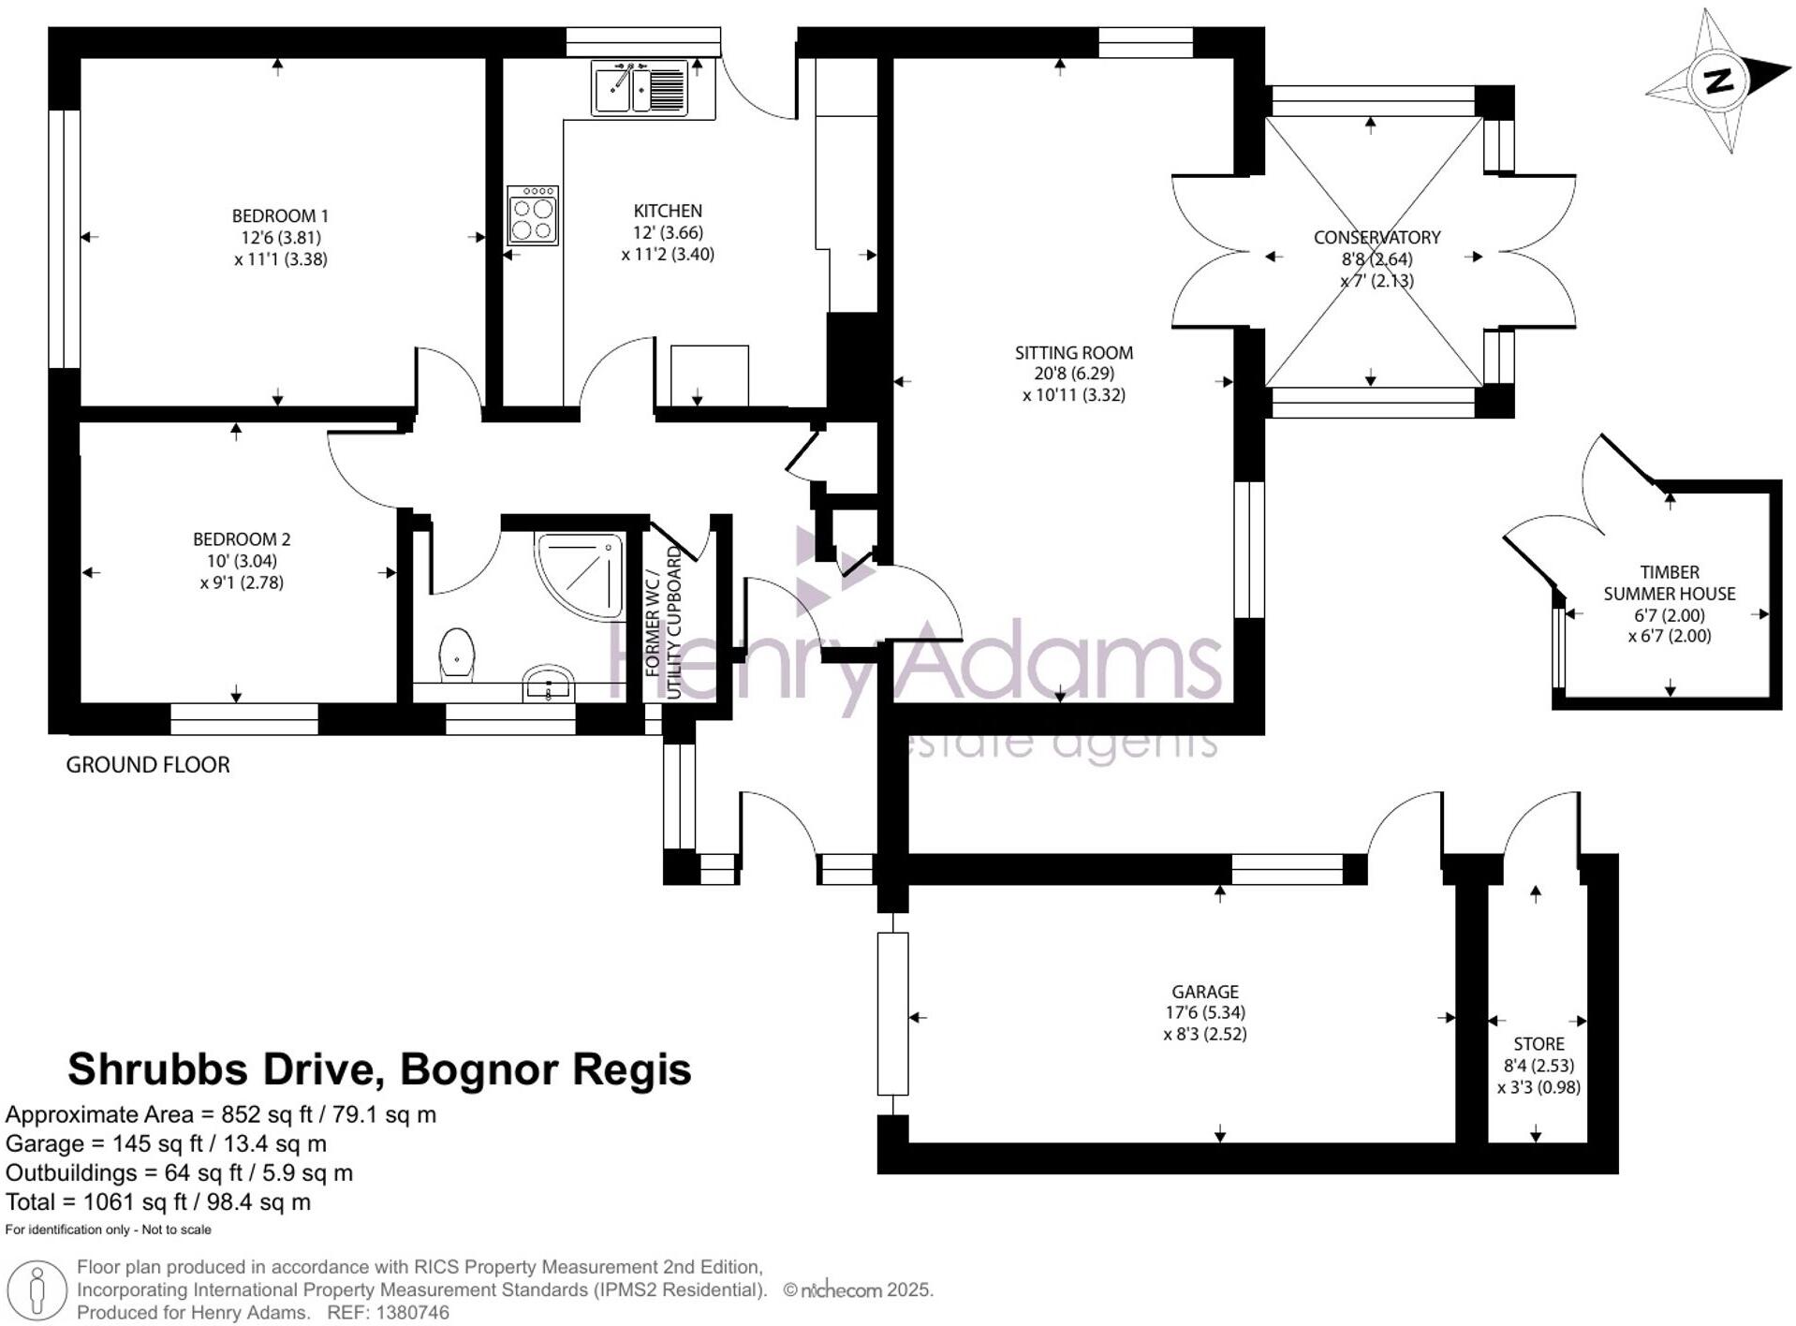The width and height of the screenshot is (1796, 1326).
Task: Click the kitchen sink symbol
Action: pos(640,88)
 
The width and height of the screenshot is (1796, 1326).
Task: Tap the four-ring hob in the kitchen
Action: pos(533,215)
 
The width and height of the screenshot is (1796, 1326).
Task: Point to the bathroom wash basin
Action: pos(549,683)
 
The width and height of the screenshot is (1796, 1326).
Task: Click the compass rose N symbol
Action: pos(1718,81)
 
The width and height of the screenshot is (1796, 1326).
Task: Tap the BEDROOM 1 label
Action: pos(280,216)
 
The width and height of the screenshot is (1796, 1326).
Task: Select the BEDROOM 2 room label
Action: pos(242,539)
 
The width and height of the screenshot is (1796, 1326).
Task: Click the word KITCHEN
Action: pos(668,211)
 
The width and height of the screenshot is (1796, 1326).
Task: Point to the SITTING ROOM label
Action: pos(1074,353)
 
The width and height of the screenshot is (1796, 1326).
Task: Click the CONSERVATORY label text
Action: pos(1376,238)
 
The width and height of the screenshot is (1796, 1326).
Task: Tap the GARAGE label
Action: pos(1205,992)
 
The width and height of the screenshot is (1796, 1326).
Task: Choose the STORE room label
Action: pos(1539,1044)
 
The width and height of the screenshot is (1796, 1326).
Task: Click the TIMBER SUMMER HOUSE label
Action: pos(1670,582)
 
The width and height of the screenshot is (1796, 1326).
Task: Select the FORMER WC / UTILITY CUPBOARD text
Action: pos(663,623)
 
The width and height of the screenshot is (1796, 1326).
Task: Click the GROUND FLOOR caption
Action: pos(148,765)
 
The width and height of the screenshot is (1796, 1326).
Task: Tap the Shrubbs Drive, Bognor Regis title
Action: pos(379,1069)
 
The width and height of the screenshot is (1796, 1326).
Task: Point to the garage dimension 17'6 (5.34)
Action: pos(1205,1012)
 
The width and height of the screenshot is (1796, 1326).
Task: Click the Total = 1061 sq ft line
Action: pos(158,1202)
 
